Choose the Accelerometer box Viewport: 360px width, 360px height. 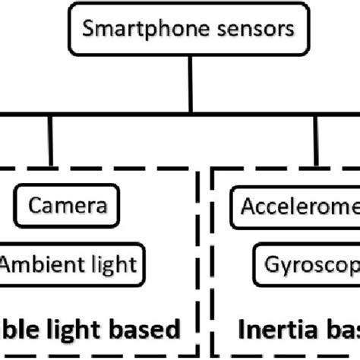[296, 205]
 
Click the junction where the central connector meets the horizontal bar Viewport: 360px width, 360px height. [190, 115]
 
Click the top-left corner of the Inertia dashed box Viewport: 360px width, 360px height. [215, 169]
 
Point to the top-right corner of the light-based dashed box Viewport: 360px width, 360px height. [199, 169]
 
